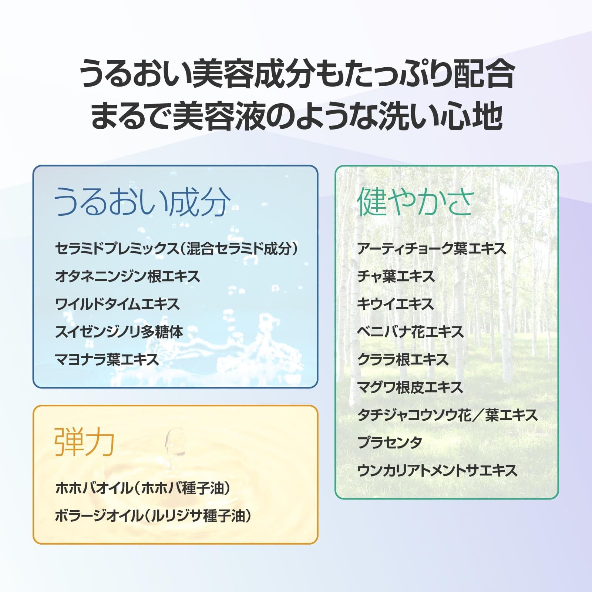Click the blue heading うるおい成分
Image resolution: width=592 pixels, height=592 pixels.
142,202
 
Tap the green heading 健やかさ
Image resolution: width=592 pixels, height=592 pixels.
416,202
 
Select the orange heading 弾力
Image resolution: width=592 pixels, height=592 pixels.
84,442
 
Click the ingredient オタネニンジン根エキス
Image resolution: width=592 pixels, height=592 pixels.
128,276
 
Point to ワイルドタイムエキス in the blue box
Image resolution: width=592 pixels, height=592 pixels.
118,304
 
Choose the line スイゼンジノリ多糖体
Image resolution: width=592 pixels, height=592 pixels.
119,332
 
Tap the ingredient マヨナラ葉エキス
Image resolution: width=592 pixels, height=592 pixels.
107,360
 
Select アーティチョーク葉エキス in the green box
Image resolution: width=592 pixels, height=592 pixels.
432,249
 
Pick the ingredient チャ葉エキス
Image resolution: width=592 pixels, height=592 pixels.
396,276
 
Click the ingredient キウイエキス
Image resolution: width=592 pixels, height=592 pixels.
395,304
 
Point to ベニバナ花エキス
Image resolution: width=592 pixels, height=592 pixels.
410,332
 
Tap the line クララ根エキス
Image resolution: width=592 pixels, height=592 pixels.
403,360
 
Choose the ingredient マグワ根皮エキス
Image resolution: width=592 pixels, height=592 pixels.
410,387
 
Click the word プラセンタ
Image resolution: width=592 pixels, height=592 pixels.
390,443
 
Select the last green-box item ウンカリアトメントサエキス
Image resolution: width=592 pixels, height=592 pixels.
437,470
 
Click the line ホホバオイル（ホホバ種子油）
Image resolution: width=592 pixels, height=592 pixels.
143,488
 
